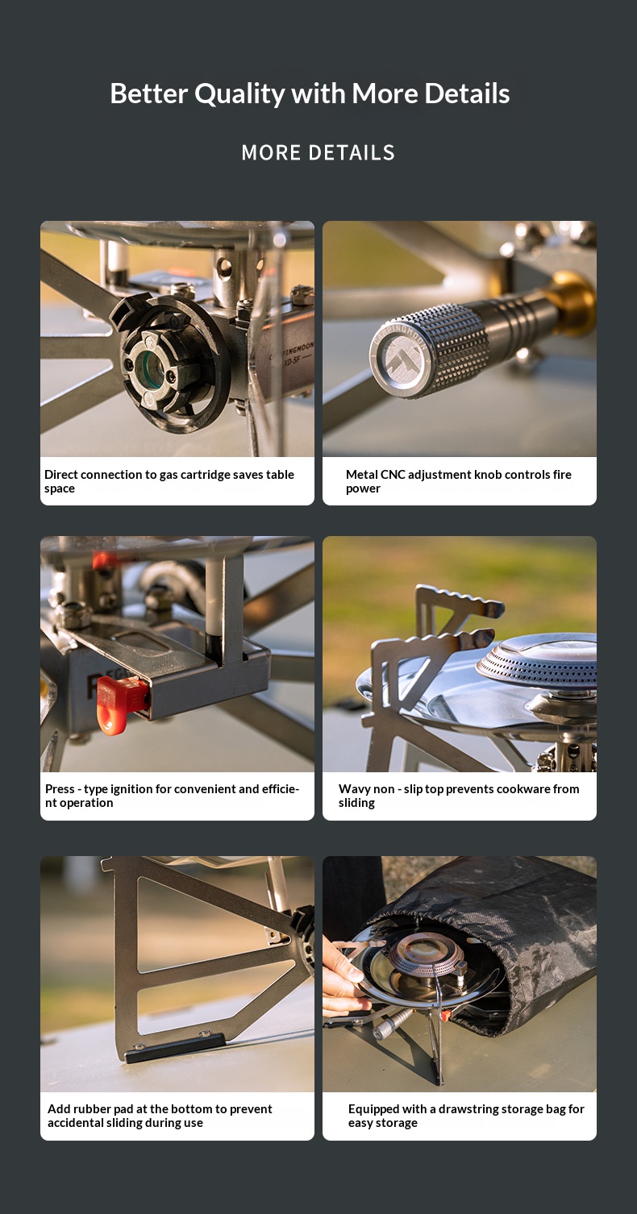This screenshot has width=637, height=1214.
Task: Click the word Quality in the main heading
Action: (239, 94)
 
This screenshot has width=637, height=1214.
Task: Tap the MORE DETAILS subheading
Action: (318, 153)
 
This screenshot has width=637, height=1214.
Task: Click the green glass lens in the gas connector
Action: (148, 368)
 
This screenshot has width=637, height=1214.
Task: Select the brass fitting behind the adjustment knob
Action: (570, 302)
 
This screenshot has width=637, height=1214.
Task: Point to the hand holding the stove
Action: (341, 975)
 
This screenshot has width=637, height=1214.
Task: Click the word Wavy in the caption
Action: (353, 789)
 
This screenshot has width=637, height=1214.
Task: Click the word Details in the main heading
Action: (467, 94)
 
